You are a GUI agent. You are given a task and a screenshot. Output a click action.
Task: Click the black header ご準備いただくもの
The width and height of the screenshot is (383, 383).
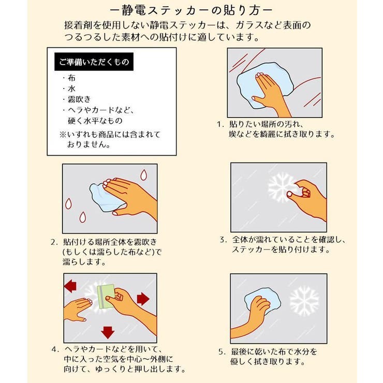pyautogui.click(x=93, y=63)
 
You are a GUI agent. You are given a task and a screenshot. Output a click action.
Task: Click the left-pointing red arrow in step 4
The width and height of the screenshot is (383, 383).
pyautogui.click(x=69, y=286)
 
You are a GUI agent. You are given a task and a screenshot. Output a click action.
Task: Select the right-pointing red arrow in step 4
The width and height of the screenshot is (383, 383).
pyautogui.click(x=143, y=299)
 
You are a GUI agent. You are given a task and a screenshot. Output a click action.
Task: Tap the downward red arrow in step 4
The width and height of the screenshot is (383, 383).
pyautogui.click(x=108, y=331)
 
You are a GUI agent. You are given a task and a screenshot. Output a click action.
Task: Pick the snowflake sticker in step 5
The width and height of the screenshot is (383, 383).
pyautogui.click(x=304, y=301)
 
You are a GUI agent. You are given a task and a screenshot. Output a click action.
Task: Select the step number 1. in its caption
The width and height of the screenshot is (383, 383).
pyautogui.click(x=220, y=125)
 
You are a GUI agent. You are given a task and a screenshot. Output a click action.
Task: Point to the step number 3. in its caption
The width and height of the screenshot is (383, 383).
pyautogui.click(x=223, y=240)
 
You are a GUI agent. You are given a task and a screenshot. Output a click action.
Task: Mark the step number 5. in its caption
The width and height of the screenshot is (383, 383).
pyautogui.click(x=220, y=351)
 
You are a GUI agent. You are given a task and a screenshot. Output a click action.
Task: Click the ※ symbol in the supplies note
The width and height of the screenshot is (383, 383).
pyautogui.click(x=62, y=134)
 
